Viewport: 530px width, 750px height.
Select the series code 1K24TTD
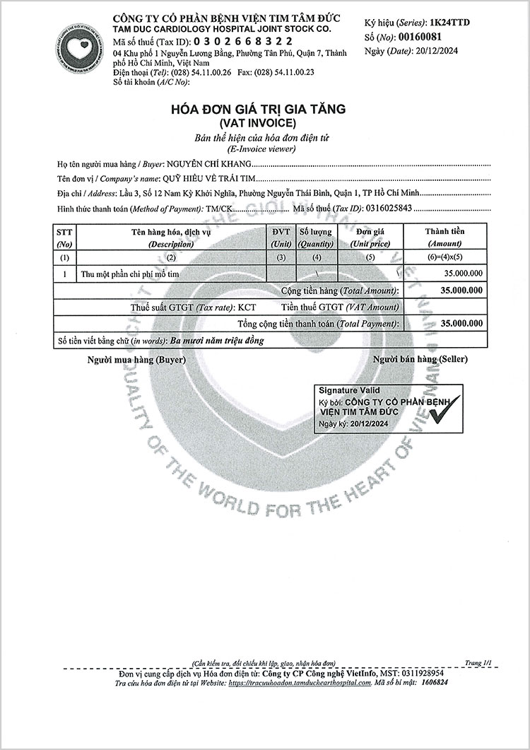449,23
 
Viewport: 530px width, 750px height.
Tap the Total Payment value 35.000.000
461,323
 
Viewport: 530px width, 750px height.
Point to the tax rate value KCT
247,307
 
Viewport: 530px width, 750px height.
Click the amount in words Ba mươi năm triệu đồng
217,341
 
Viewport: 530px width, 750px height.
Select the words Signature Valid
349,390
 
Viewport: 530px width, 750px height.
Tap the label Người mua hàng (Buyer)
136,360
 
